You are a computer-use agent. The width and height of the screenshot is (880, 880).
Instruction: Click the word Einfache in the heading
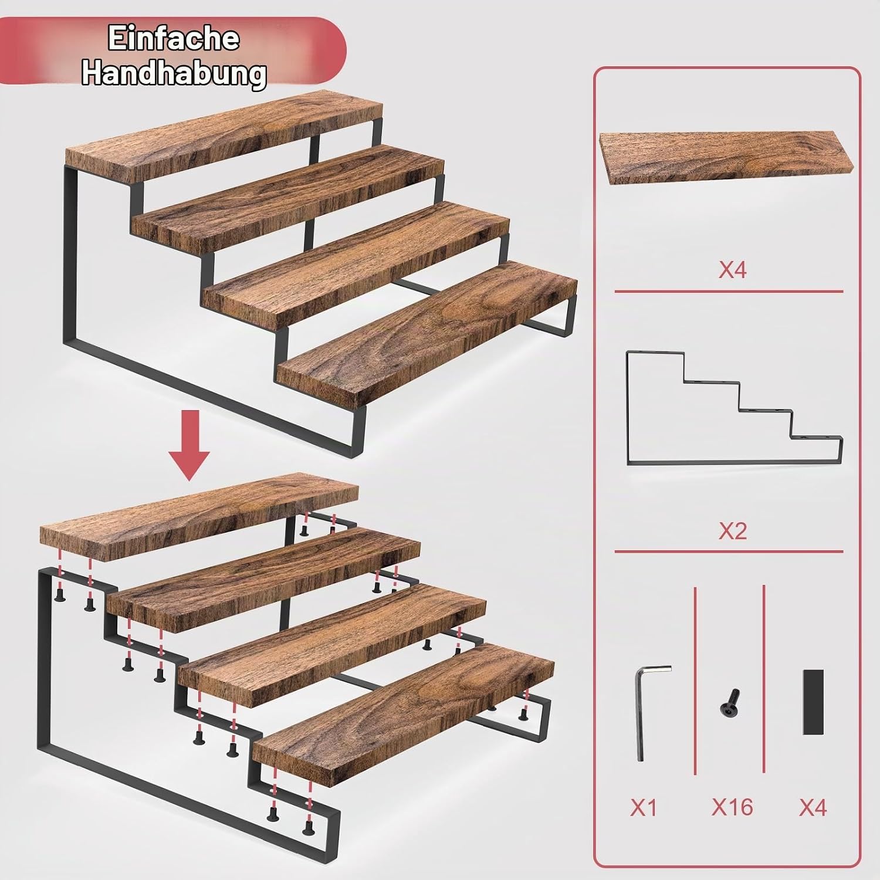click(174, 39)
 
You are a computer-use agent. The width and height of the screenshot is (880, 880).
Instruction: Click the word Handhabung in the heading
click(174, 73)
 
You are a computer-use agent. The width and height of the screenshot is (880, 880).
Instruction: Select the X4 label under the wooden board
click(732, 270)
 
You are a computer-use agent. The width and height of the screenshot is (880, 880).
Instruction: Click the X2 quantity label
click(732, 531)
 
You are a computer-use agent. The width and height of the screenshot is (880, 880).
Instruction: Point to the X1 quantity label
click(643, 808)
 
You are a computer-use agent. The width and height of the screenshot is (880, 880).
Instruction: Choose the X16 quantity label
click(732, 807)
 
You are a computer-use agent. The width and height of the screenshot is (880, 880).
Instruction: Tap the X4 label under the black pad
click(813, 808)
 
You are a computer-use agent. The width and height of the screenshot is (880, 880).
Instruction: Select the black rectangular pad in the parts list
click(813, 702)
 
